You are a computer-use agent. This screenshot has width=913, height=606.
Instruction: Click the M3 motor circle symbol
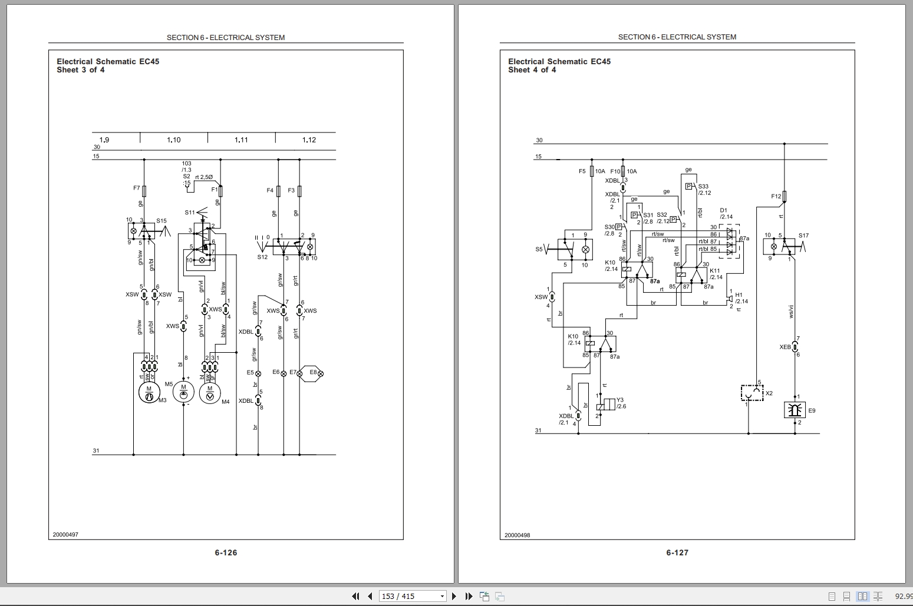point(149,393)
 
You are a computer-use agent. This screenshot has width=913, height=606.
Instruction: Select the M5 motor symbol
point(183,389)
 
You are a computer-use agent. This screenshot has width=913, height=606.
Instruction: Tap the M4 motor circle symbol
point(209,393)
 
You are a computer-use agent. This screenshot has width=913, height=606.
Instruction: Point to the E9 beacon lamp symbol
point(795,410)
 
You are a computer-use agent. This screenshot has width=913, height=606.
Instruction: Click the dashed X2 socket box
point(752,393)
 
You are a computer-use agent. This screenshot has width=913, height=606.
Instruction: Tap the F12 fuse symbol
point(785,196)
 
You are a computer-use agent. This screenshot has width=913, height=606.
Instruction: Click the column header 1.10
point(173,140)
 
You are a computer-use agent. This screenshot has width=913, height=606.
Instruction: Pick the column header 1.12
point(309,140)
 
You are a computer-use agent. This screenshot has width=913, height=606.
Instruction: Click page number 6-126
point(226,552)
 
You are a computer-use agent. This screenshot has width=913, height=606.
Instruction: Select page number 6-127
point(677,552)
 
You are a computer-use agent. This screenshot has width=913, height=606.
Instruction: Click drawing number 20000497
point(65,535)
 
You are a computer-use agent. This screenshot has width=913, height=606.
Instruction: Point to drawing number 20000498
point(517,535)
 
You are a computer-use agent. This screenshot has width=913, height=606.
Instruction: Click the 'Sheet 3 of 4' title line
point(81,70)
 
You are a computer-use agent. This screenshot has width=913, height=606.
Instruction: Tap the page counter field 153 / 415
point(411,596)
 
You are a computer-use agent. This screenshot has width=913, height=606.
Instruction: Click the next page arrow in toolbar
point(454,596)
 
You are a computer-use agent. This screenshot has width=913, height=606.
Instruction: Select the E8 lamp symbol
point(312,373)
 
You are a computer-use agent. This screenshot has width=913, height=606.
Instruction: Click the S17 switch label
point(803,236)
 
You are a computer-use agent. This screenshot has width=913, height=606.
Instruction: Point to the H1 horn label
point(739,295)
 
